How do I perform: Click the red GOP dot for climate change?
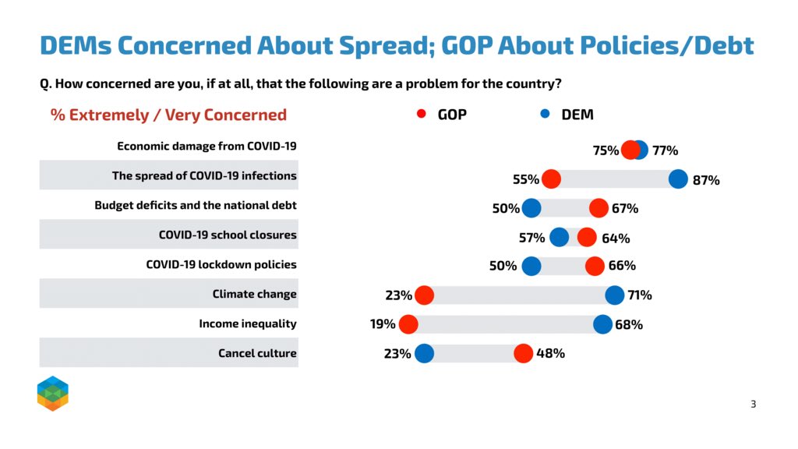(x=424, y=295)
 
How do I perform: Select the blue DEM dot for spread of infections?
(x=678, y=179)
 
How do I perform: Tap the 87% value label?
(x=706, y=180)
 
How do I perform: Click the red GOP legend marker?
(x=422, y=114)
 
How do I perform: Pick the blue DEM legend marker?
(x=545, y=114)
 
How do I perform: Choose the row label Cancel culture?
(x=257, y=354)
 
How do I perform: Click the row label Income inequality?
(x=248, y=324)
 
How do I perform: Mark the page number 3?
(x=753, y=404)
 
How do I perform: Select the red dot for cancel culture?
(x=523, y=354)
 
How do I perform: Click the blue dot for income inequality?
(x=602, y=325)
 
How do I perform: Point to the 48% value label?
(x=551, y=354)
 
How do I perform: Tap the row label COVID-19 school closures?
(x=228, y=235)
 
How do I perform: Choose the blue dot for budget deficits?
(x=531, y=208)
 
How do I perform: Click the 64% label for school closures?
(x=616, y=238)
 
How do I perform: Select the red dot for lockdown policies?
(x=595, y=267)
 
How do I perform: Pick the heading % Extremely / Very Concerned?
(x=168, y=115)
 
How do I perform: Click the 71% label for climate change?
(x=639, y=295)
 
